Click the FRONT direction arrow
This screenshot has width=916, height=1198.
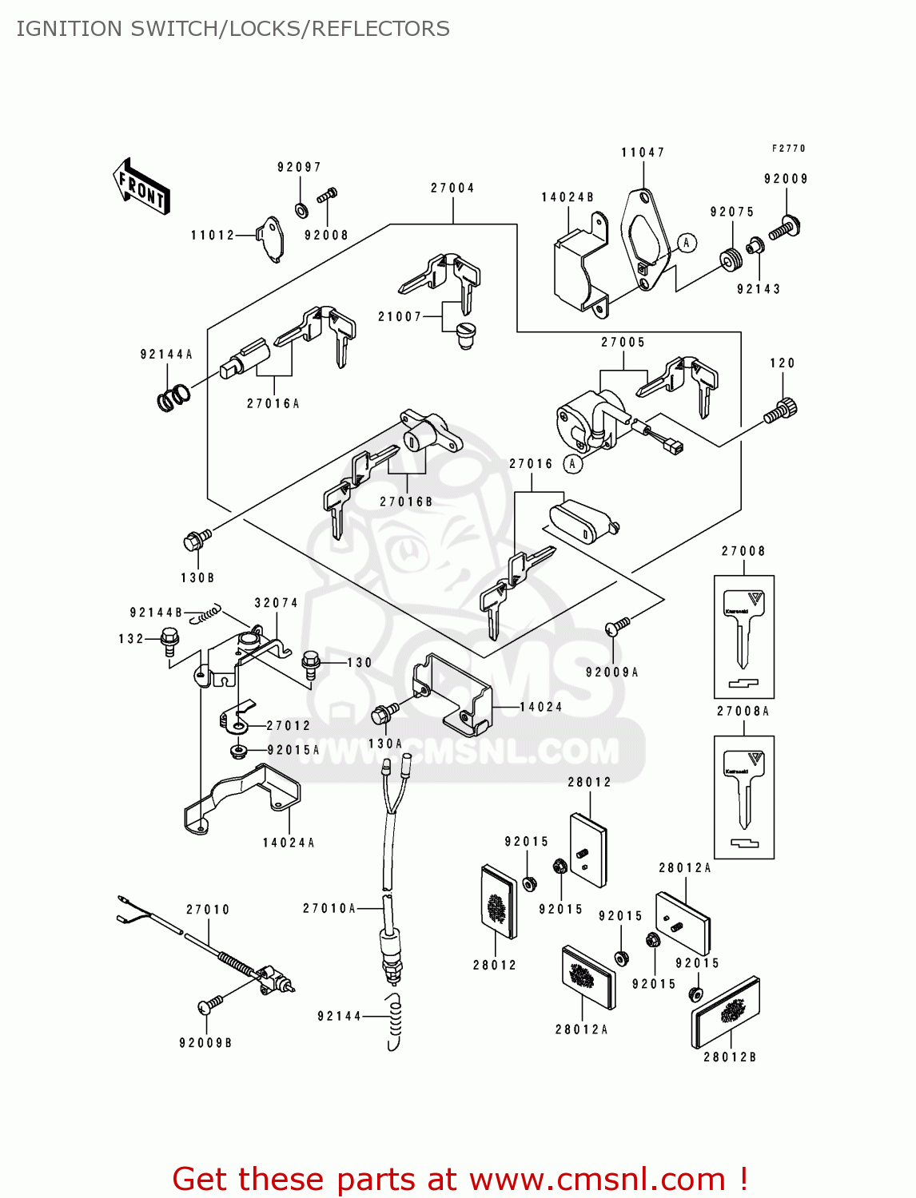141,186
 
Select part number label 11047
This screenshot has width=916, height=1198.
643,153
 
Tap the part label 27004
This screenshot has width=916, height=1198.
452,188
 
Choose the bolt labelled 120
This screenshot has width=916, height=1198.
780,411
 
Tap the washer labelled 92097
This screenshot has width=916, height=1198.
301,210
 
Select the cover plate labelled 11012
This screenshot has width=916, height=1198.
270,238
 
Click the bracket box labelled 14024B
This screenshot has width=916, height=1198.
578,268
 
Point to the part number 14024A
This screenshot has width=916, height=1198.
289,843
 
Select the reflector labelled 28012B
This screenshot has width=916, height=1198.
725,1010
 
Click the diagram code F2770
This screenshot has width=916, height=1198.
788,149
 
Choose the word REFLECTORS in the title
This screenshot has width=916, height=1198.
380,29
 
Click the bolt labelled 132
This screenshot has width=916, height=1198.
169,641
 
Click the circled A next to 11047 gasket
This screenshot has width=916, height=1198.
687,243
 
